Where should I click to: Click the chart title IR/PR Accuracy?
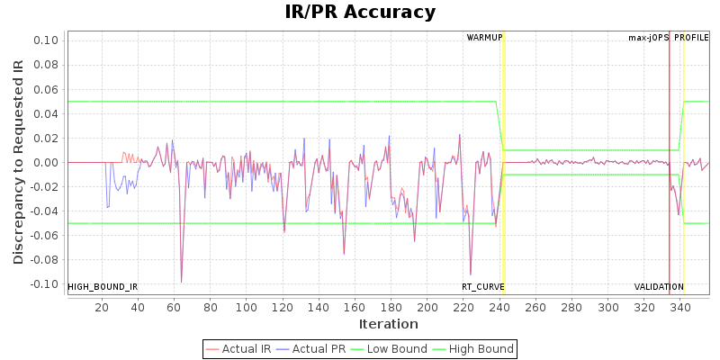coord(360,13)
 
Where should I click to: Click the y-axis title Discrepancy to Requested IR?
coord(19,162)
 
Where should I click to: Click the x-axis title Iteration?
coord(389,324)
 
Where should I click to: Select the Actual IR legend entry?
coord(240,349)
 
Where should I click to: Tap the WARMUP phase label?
coord(485,38)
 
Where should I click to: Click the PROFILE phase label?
coord(691,38)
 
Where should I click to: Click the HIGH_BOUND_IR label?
coord(103,287)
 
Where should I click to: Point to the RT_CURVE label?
coord(483,287)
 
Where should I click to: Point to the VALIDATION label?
coord(659,287)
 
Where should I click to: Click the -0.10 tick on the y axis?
coord(45,284)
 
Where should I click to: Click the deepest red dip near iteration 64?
coord(182,282)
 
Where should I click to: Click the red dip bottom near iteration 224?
coord(471,274)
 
